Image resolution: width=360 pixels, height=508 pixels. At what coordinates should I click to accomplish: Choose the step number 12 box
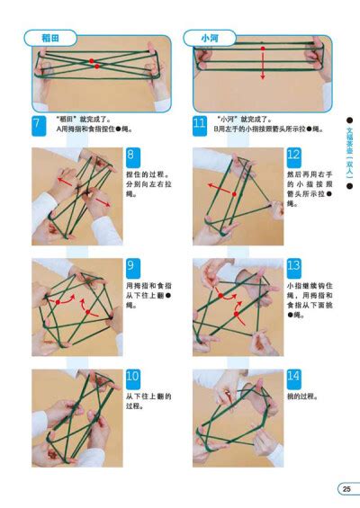pos(294,156)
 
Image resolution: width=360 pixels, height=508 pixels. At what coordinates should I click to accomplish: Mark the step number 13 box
pos(294,265)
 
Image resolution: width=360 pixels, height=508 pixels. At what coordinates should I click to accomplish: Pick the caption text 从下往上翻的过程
pos(148,402)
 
